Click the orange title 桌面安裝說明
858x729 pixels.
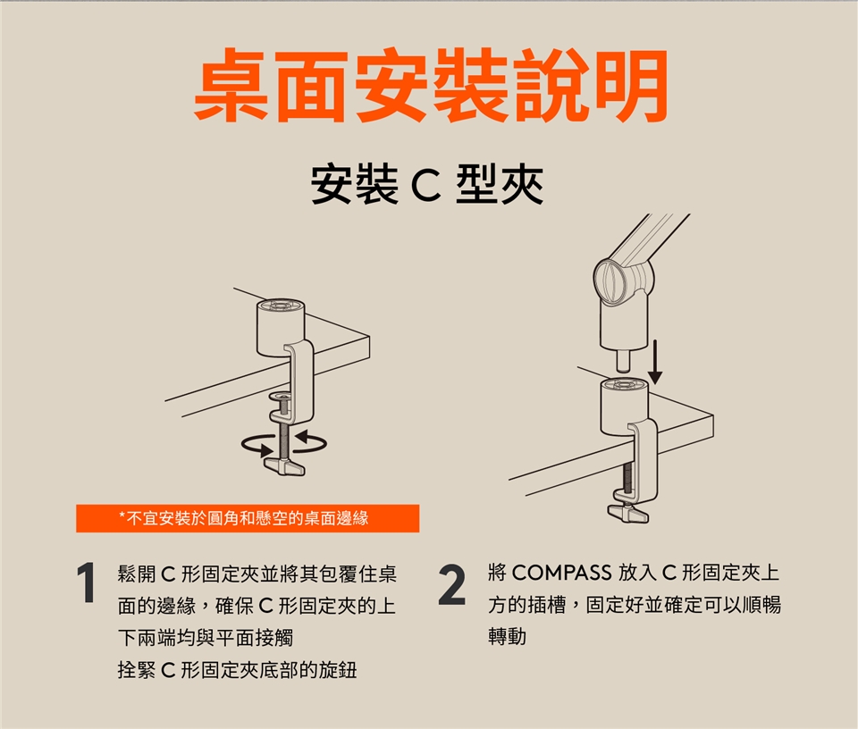coord(431,85)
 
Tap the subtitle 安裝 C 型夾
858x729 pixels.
coord(427,184)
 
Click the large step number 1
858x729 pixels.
coord(87,583)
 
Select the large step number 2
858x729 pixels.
coord(452,586)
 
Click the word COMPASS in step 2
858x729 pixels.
coord(561,573)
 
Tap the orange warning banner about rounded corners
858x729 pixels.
coord(248,518)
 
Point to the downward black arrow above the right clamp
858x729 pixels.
coord(655,362)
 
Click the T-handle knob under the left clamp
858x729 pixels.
coord(284,466)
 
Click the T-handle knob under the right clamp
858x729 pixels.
coord(628,513)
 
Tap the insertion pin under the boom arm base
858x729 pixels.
coord(623,360)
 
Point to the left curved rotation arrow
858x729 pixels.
coord(257,445)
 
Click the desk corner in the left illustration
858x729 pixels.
coord(369,336)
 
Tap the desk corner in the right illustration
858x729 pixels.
coord(713,415)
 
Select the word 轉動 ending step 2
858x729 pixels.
coord(508,637)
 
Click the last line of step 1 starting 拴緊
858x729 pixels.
coord(237,669)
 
